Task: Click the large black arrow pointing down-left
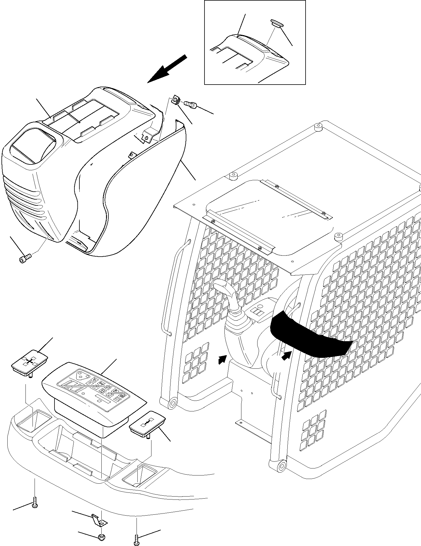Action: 167,69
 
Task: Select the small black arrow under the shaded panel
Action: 286,356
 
